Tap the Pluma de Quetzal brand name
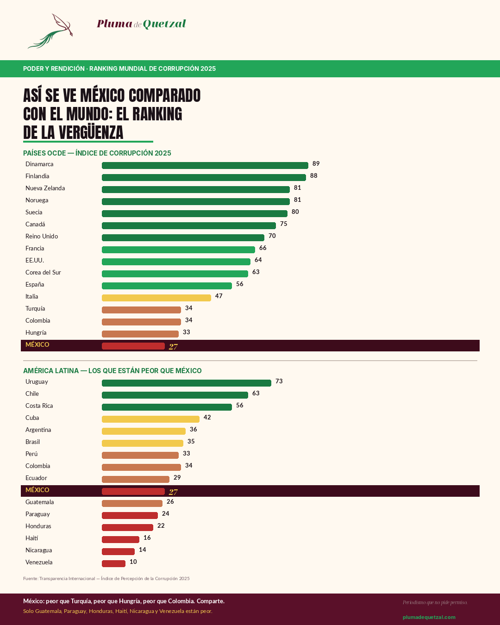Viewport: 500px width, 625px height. (x=141, y=24)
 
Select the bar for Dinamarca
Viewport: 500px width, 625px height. (x=205, y=166)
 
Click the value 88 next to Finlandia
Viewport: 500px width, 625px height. (x=314, y=176)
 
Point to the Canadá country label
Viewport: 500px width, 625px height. (x=35, y=225)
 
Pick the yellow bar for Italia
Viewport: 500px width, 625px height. (x=156, y=298)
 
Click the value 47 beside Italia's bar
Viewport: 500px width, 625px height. (x=219, y=296)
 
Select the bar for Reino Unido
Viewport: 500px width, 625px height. (x=183, y=238)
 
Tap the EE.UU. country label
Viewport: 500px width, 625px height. (x=35, y=261)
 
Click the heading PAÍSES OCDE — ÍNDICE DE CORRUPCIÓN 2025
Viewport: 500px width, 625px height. (x=97, y=153)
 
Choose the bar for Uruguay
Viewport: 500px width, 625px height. (x=186, y=383)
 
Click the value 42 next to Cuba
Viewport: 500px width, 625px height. (x=207, y=418)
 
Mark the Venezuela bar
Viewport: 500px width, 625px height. (x=113, y=564)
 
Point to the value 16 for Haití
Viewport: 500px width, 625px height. (x=147, y=538)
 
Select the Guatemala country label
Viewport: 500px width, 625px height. (x=40, y=502)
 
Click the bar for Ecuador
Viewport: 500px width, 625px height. (x=135, y=480)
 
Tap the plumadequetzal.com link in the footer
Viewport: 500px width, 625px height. (x=429, y=617)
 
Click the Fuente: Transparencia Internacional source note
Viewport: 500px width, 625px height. (x=106, y=579)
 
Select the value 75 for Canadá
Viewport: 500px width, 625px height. (x=284, y=224)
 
